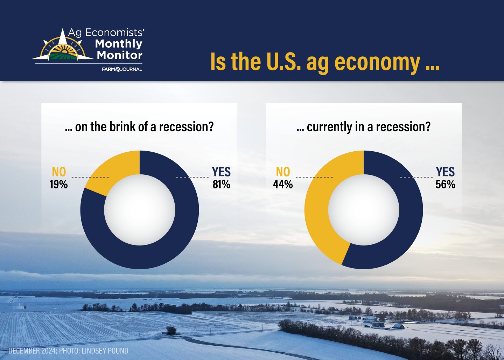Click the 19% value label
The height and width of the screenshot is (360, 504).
pos(59,185)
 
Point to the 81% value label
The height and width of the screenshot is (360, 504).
pos(222,185)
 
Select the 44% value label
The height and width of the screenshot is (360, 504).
pos(283,185)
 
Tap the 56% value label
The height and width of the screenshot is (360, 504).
pos(445,185)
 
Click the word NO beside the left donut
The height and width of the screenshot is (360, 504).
pos(59,172)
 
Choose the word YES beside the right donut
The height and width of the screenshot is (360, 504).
pos(446,172)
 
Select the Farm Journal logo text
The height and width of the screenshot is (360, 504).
pos(122,69)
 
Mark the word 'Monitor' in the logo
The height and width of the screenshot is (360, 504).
pos(119,55)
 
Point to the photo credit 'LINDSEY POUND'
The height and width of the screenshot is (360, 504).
pos(105,351)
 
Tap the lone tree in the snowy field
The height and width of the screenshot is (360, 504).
pos(171,330)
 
